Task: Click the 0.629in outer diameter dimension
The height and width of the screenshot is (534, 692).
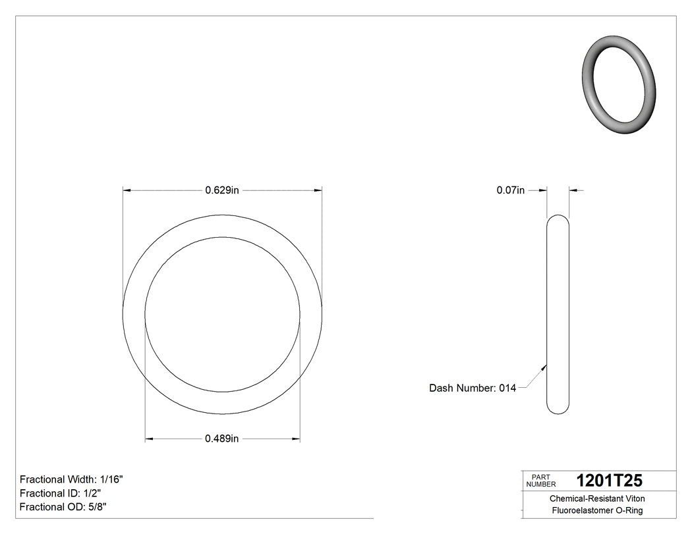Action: [x=221, y=191]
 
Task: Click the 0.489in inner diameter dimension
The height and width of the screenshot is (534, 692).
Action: [x=221, y=439]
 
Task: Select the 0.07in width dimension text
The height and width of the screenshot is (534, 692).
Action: [x=510, y=191]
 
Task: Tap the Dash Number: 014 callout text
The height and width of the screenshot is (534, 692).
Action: [x=472, y=388]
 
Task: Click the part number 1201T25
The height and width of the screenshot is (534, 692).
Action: [x=609, y=481]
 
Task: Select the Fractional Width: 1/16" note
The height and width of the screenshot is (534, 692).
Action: [x=71, y=479]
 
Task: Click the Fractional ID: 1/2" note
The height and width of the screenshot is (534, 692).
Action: [x=60, y=493]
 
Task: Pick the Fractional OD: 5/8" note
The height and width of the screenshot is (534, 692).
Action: [x=63, y=507]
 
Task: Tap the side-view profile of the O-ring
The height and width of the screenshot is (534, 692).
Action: [x=558, y=315]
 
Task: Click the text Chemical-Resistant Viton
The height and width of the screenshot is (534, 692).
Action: [x=597, y=498]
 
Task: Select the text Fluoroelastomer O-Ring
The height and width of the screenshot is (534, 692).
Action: [x=597, y=511]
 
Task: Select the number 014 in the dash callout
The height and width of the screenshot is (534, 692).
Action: [x=507, y=388]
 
